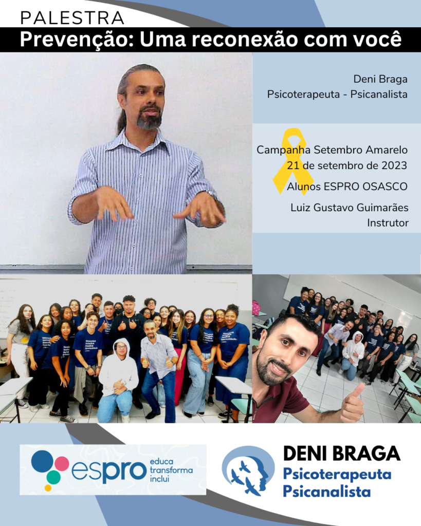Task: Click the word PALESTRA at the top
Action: click(72, 18)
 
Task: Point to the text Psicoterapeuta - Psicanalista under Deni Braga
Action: click(337, 95)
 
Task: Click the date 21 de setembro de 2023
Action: click(347, 165)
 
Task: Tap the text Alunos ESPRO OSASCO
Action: click(347, 186)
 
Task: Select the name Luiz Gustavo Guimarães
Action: click(350, 208)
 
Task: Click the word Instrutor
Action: click(388, 223)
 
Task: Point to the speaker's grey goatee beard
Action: click(150, 119)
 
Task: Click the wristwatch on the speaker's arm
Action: click(212, 194)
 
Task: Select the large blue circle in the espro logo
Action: click(42, 461)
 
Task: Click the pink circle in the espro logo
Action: click(62, 464)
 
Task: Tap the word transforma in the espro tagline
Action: click(171, 471)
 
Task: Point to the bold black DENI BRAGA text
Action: click(342, 454)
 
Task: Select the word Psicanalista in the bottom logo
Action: click(326, 492)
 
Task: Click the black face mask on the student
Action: click(118, 311)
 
